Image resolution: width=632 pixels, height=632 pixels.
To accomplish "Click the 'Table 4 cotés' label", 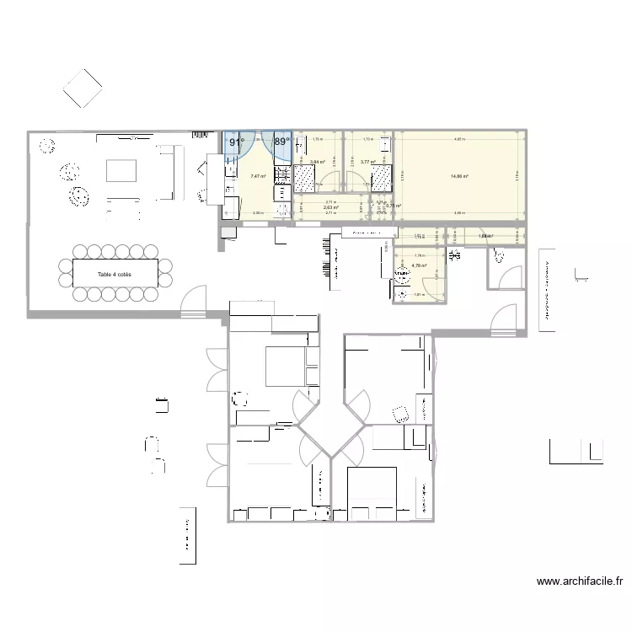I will (x=115, y=275).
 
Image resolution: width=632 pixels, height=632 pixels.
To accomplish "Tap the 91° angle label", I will (x=237, y=142).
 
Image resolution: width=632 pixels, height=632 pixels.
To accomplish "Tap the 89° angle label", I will (x=281, y=142).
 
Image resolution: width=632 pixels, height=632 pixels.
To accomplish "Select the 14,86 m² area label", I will (x=459, y=176).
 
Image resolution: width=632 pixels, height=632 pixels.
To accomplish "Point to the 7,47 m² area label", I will (x=258, y=176).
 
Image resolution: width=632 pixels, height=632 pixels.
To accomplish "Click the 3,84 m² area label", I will (x=318, y=163).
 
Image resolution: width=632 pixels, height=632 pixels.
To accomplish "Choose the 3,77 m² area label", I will (x=367, y=163).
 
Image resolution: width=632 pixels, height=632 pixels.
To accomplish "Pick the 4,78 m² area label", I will (x=419, y=265).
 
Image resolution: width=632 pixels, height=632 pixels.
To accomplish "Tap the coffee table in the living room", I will (x=121, y=171).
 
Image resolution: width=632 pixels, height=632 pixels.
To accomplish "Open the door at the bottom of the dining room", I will (x=193, y=301).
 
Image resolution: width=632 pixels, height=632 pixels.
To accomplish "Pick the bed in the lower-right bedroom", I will (x=372, y=489).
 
